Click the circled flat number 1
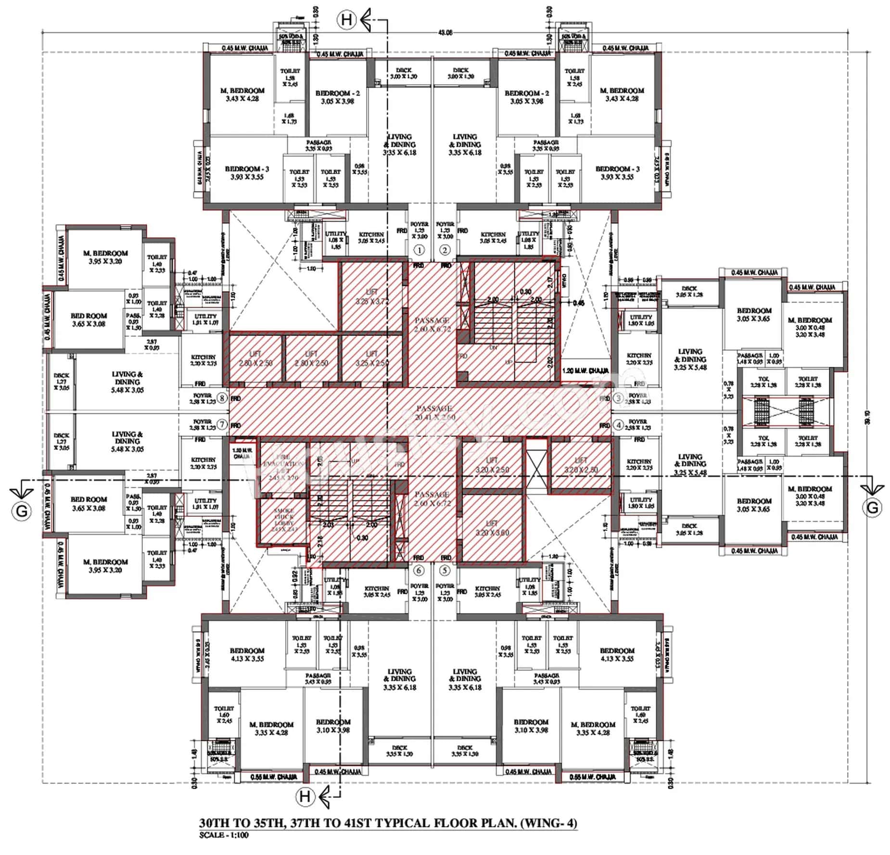click(x=420, y=250)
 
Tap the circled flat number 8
click(x=222, y=398)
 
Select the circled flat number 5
click(x=445, y=570)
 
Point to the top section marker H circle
click(x=347, y=20)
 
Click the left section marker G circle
click(x=22, y=510)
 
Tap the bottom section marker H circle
click(x=305, y=796)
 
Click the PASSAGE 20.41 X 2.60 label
click(x=434, y=412)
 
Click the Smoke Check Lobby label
click(x=283, y=520)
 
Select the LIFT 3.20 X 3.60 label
click(x=492, y=528)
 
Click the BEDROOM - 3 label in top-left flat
click(x=247, y=173)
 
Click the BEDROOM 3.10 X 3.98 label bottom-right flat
click(x=531, y=726)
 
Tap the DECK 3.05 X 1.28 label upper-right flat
click(x=689, y=291)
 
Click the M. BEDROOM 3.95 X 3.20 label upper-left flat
click(x=105, y=257)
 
